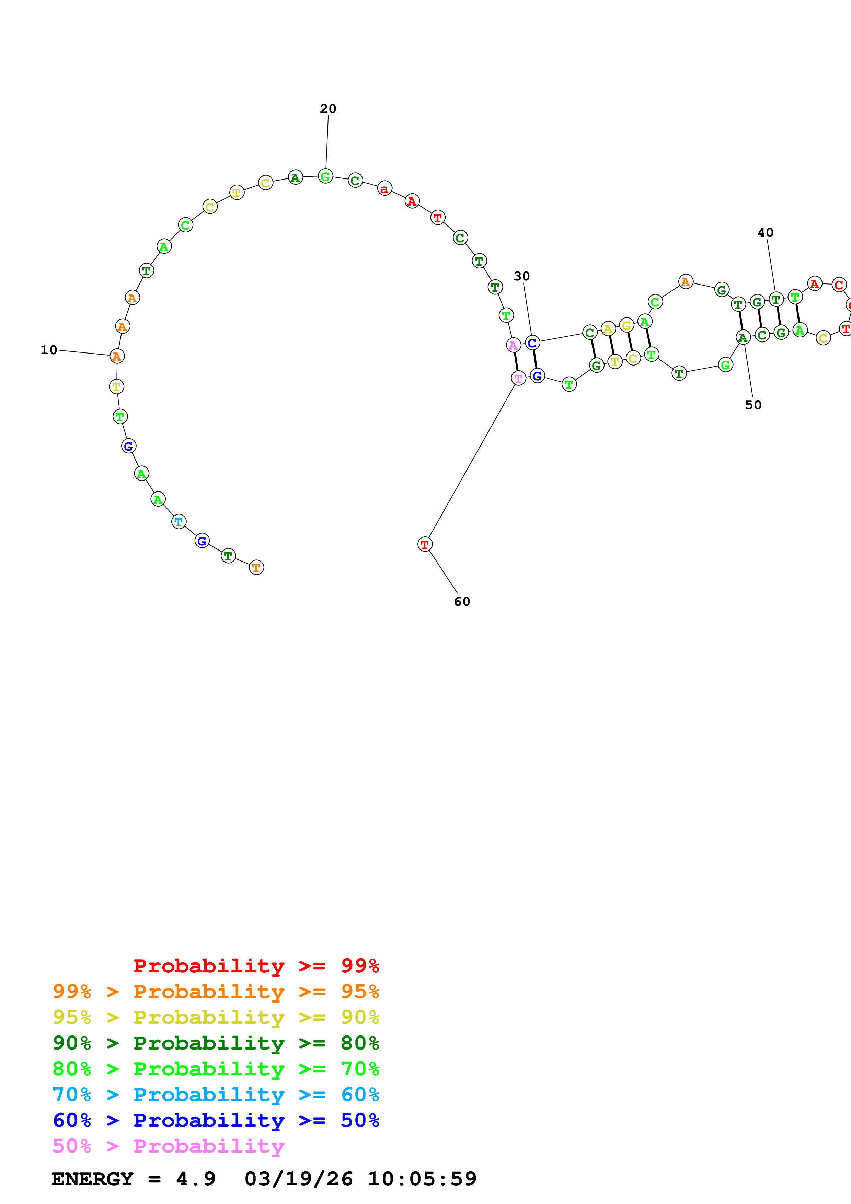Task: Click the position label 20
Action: (328, 108)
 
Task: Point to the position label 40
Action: (766, 233)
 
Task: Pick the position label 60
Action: (462, 601)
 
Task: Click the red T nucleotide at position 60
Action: (425, 544)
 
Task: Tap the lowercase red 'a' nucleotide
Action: (384, 188)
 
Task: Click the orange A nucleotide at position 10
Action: (117, 356)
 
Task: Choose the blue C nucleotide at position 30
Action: (532, 343)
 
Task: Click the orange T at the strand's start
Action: (256, 567)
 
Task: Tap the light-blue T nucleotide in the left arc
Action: (179, 522)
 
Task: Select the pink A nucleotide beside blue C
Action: (513, 345)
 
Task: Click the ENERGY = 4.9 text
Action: (133, 1179)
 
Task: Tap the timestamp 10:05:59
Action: (422, 1179)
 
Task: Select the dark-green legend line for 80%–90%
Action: (216, 1043)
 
